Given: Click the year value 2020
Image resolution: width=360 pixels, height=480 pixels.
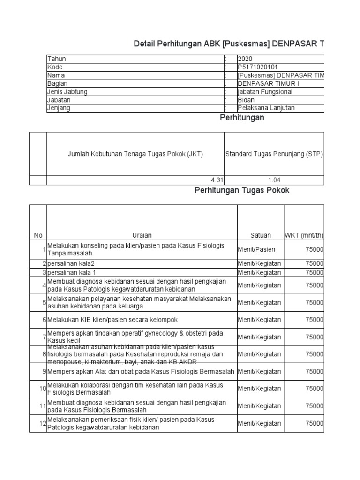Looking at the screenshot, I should coord(246,59).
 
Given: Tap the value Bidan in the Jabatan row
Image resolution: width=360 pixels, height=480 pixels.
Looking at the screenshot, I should coord(247,100).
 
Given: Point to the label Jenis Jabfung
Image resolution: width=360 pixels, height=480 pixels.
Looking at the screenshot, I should coord(67,92).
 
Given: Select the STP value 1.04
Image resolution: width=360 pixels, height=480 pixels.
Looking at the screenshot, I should coord(274,180).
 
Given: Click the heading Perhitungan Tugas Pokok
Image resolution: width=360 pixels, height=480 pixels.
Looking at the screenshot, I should coord(242,190).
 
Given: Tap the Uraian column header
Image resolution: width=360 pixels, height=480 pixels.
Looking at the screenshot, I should coord(142,235).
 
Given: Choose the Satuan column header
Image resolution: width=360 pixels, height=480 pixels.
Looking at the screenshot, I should coord(260,235).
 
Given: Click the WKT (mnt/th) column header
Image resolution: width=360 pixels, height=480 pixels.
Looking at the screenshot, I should coord(304,235).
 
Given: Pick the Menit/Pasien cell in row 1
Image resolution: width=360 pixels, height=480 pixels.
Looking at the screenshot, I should coord(256,250).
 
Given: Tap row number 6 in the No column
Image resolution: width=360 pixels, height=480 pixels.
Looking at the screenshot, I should coord(44,320).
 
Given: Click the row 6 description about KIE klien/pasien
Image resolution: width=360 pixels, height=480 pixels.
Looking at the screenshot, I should coord(112,320).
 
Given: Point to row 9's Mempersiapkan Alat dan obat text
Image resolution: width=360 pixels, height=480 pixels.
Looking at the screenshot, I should coord(140,372).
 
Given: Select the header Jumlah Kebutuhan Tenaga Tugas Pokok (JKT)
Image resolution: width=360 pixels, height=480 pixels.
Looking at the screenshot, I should coord(135,154).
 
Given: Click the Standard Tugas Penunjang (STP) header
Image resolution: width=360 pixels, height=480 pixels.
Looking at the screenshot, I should coord(274,154).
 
